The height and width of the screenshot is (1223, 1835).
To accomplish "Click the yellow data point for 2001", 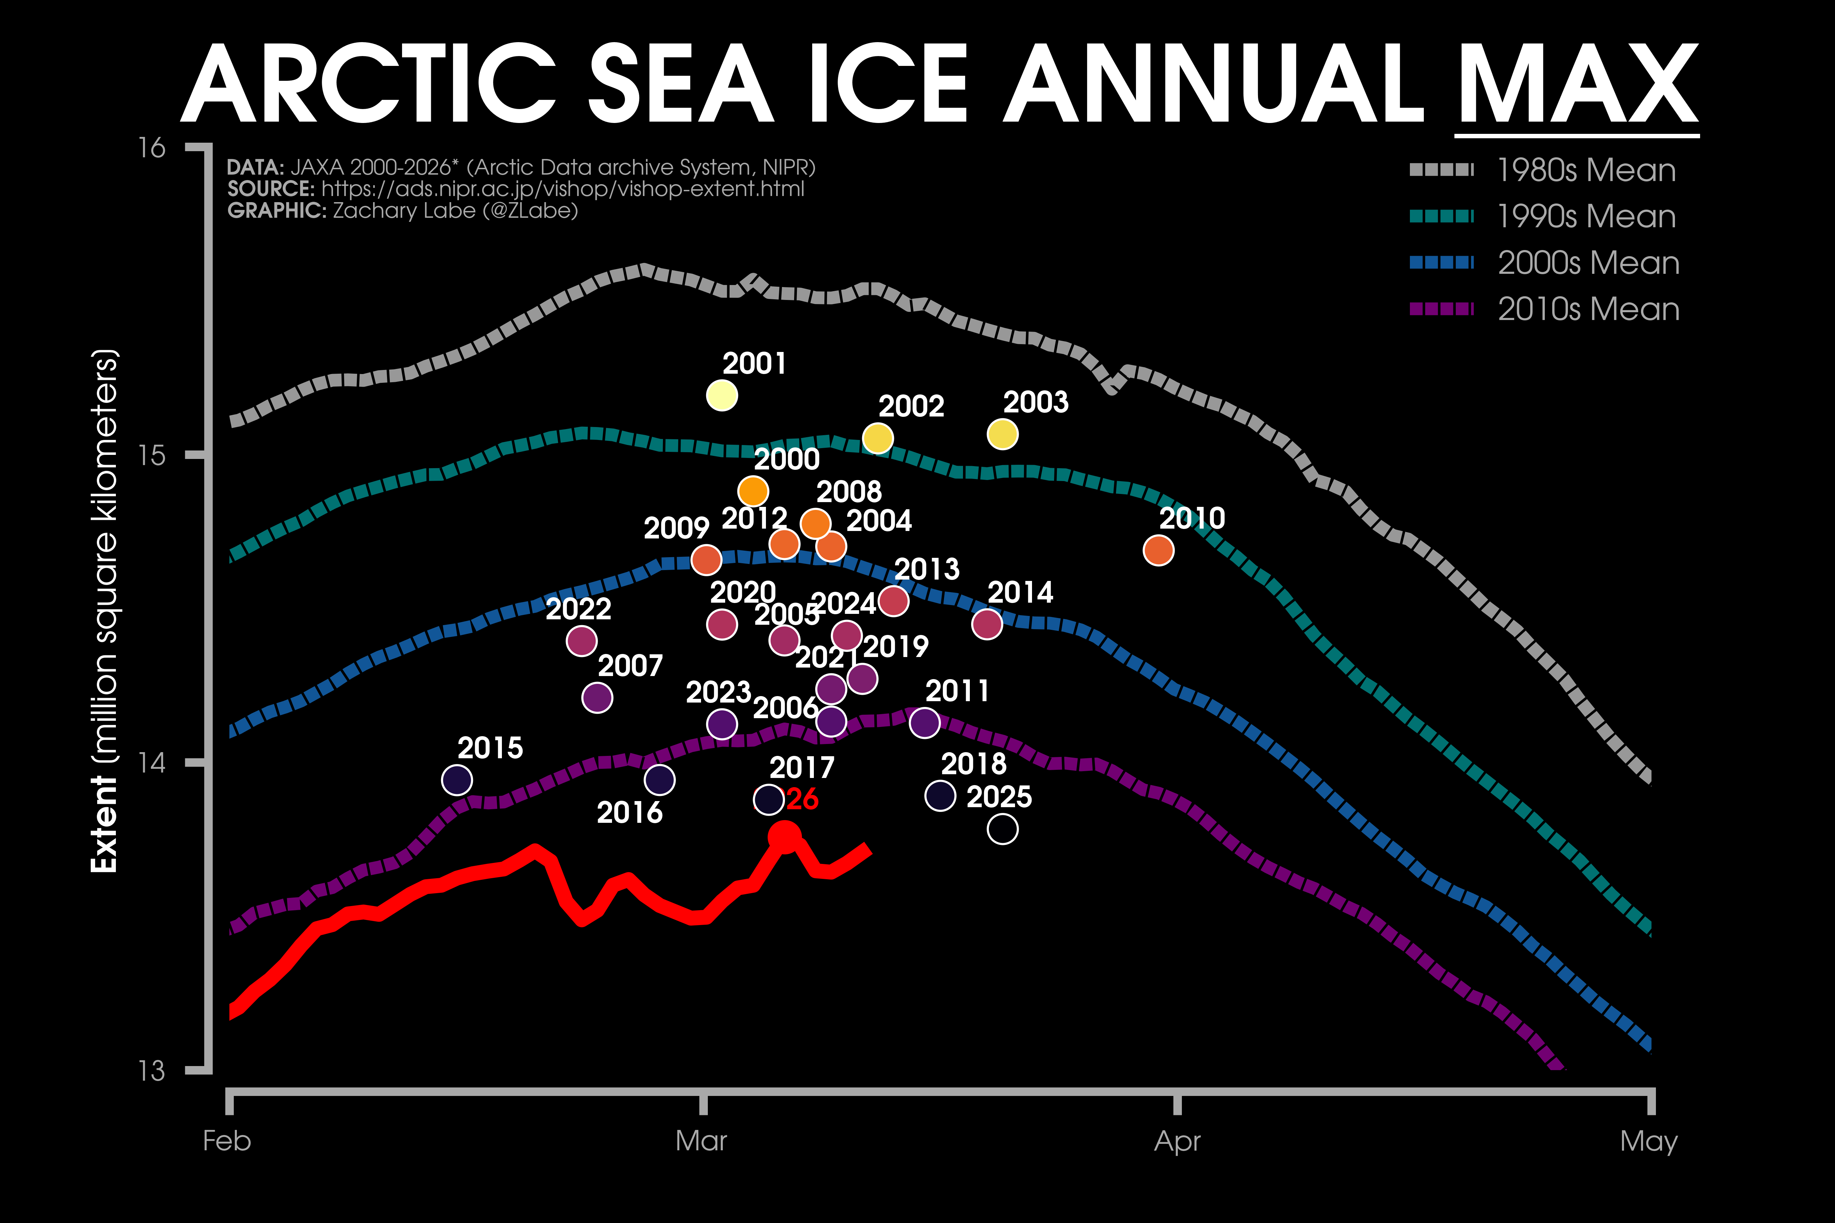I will coord(722,395).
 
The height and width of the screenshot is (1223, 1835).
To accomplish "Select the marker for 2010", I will coord(1158,551).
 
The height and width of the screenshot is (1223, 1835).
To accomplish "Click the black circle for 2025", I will coord(1002,829).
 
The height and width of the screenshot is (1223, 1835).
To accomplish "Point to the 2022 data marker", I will coord(581,641).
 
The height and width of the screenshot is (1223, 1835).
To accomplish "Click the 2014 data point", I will coord(987,624).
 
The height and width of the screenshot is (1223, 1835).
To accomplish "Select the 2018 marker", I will coord(940,796).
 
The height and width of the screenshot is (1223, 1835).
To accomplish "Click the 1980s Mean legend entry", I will coord(1586,170).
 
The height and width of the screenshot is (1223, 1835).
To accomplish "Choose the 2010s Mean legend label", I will coord(1588,309).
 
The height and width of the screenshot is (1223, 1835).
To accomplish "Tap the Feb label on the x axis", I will coord(227,1141).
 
